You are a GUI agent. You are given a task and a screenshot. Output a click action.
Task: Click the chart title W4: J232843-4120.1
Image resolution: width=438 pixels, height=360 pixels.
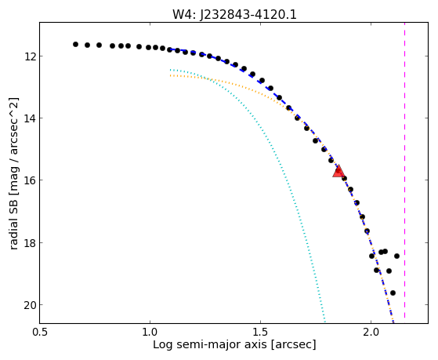(234, 15)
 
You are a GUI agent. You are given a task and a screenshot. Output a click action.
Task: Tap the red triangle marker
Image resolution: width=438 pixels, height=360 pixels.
(338, 171)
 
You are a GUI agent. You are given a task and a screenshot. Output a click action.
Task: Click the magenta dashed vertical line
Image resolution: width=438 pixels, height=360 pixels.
(405, 170)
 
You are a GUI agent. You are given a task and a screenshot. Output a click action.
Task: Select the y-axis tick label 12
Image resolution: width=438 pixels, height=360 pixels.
(29, 56)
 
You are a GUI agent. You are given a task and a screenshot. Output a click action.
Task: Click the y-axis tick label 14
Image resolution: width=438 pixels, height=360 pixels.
(29, 118)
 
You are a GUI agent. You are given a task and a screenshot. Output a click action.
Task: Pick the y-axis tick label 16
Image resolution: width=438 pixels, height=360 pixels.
(29, 180)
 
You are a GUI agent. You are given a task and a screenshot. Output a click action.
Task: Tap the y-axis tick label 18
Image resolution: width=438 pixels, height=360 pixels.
(29, 242)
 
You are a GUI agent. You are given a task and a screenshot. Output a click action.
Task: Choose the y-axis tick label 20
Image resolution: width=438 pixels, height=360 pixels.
(29, 305)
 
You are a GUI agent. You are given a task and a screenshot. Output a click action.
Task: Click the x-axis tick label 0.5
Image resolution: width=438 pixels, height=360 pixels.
(40, 333)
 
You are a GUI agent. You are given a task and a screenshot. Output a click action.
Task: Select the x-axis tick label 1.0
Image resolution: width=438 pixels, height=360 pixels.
(150, 333)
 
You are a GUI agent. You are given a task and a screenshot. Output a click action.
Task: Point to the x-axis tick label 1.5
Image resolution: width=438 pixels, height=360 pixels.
(260, 333)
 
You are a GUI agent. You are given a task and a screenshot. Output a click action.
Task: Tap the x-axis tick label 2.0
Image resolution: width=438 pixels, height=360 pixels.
(371, 333)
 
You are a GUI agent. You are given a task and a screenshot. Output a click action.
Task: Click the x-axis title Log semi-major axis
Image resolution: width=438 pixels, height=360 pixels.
(210, 344)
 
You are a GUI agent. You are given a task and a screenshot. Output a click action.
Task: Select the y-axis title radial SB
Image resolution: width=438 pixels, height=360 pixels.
(13, 225)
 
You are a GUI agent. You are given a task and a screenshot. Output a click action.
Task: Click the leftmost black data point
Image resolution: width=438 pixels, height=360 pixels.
(75, 44)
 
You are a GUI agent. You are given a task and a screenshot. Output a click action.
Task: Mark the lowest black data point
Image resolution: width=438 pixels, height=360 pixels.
(393, 293)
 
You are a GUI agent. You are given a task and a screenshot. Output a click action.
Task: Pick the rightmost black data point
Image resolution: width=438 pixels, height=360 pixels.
(396, 256)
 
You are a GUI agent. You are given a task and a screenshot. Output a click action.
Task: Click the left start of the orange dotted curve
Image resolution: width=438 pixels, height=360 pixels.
(170, 75)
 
